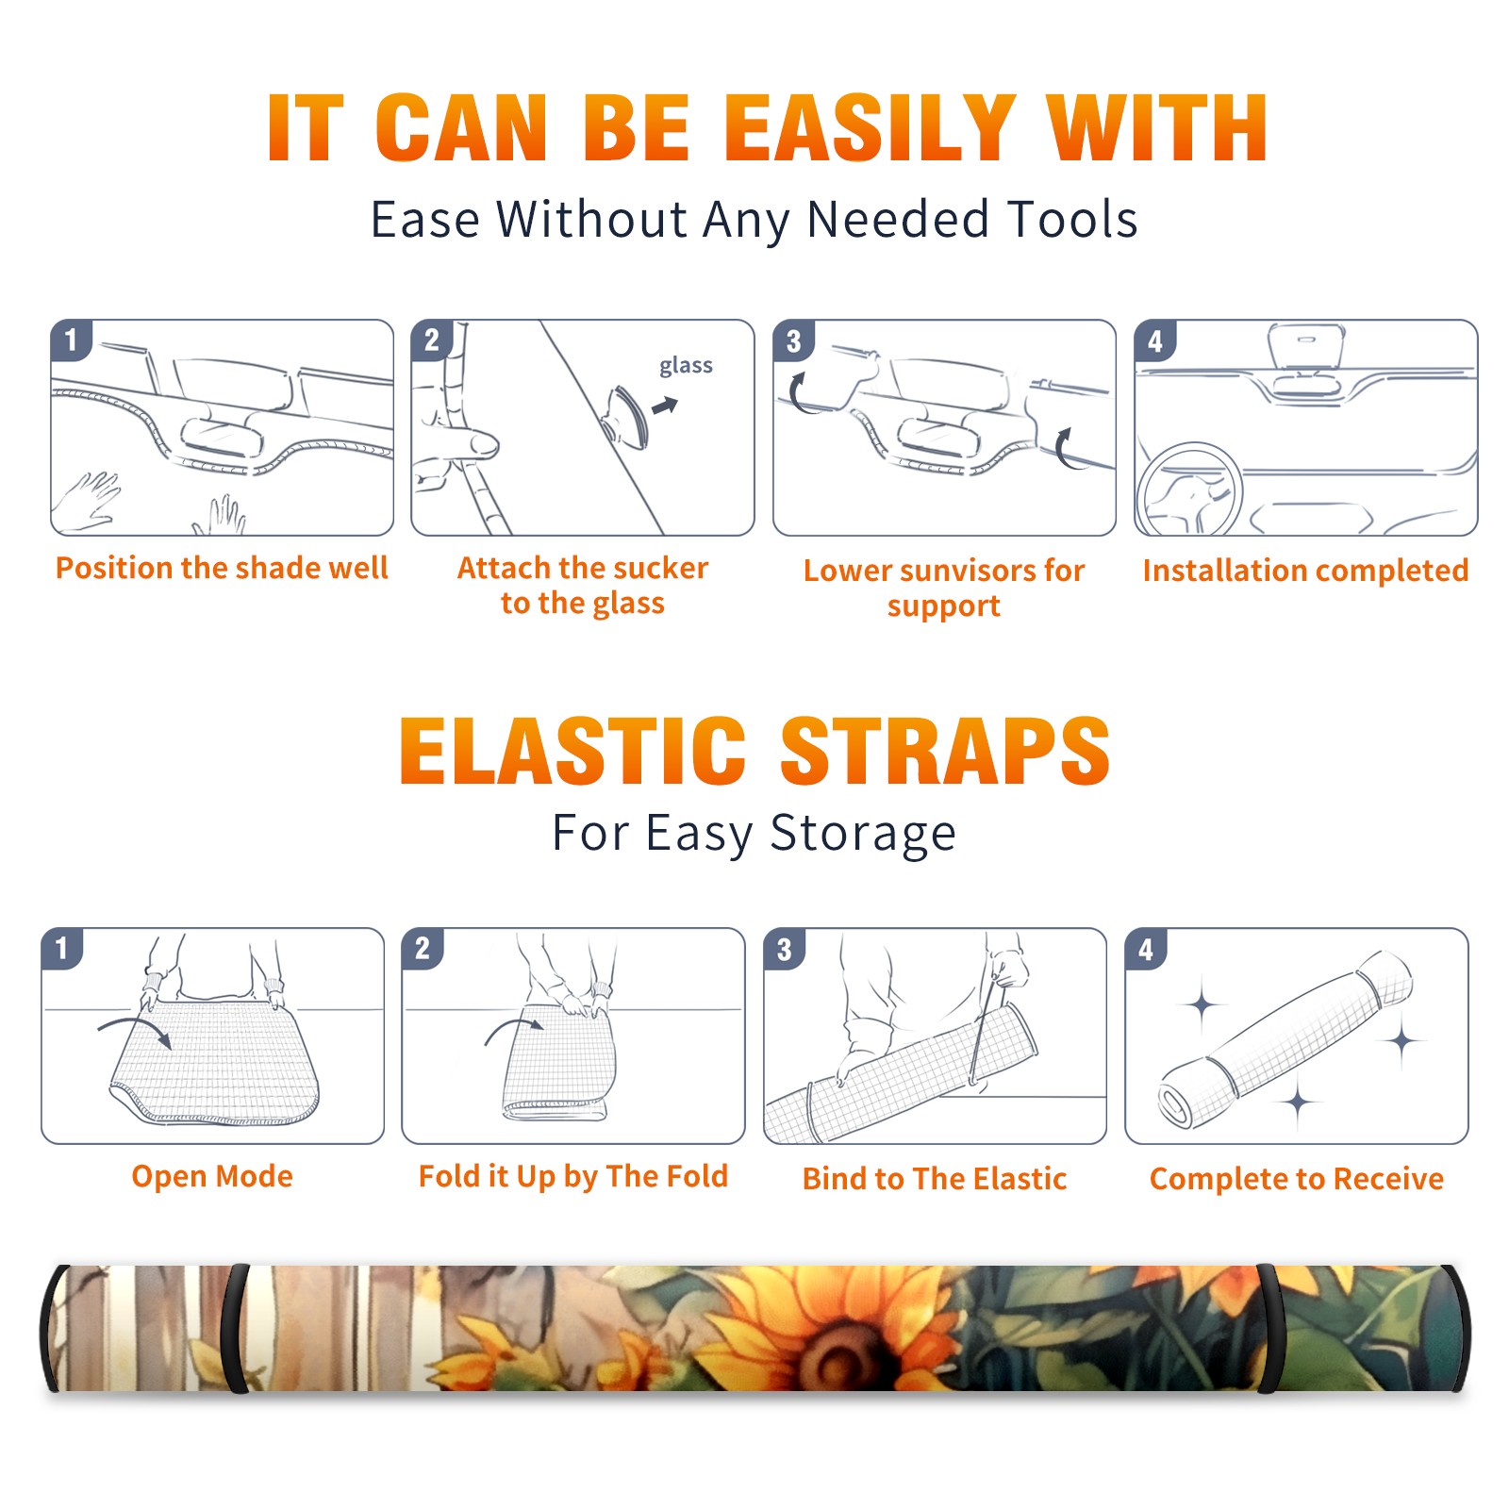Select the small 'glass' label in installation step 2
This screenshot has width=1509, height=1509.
coord(686,365)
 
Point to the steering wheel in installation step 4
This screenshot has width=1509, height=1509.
coord(1189,490)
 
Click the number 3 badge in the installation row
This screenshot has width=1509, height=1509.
coord(793,340)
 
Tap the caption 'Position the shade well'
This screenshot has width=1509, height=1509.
coord(222,568)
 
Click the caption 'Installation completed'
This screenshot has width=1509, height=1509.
coord(1305,571)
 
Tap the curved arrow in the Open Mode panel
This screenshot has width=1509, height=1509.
coord(135,1028)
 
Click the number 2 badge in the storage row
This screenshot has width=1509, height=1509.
coord(423,948)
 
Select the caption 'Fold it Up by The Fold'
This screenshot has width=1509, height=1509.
coord(573,1176)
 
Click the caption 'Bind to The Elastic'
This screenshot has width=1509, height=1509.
coord(935,1179)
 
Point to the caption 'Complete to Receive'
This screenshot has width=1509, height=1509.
coord(1297,1179)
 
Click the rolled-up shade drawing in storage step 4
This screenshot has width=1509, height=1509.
coord(1286,1039)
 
